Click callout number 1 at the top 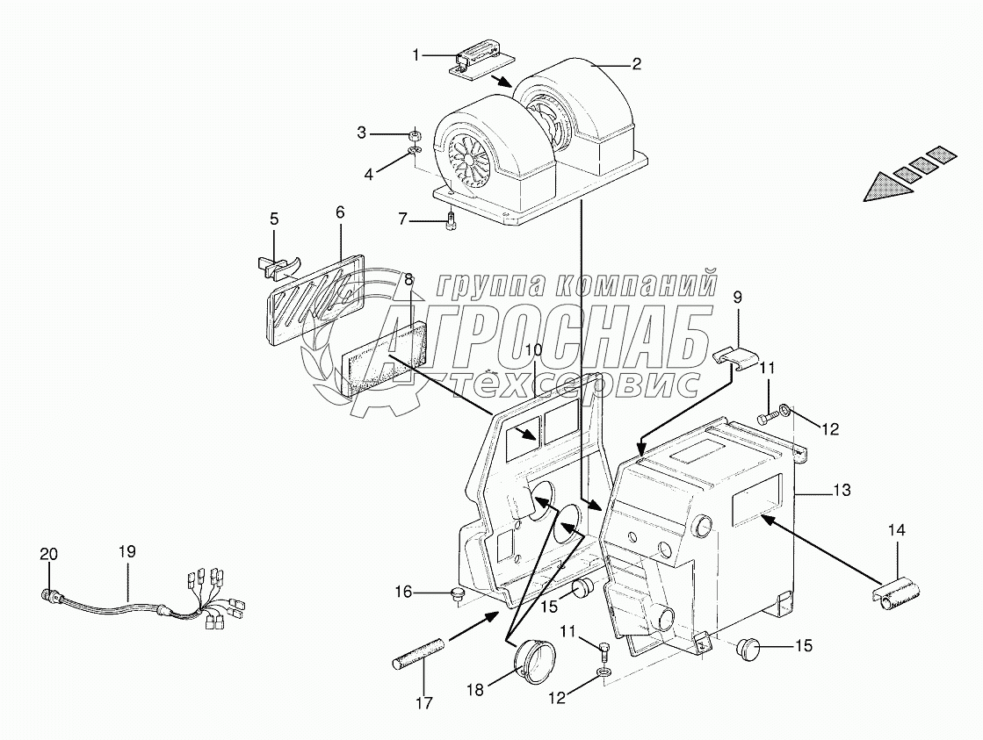coord(416,55)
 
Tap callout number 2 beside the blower coord(636,63)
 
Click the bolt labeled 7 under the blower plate coord(452,221)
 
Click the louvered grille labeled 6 coord(314,299)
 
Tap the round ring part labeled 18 coord(529,660)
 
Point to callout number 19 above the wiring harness coord(127,552)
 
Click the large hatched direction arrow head coord(885,186)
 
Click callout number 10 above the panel coord(535,350)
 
